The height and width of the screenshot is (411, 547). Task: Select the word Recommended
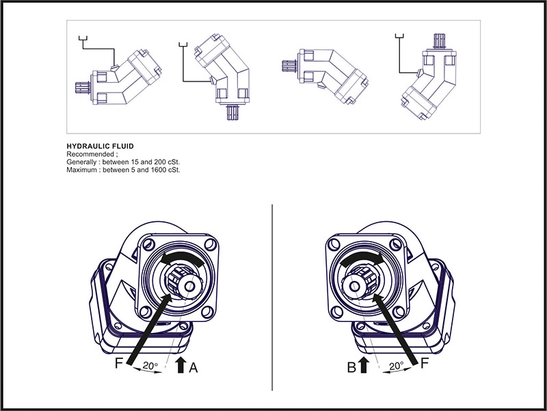pos(90,154)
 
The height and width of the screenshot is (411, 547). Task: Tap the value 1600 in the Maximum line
pos(159,169)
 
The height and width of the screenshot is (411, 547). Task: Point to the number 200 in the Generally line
pos(157,162)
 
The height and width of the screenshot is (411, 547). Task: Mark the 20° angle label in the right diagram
pos(396,366)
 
